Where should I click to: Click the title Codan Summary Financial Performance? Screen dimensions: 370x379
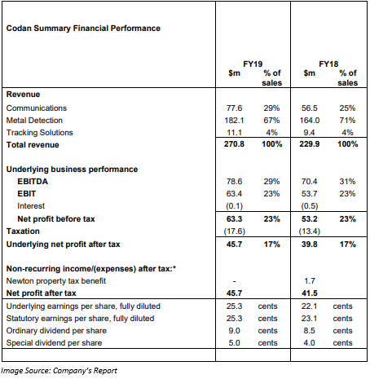(x=83, y=29)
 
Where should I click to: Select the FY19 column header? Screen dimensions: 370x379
(x=253, y=64)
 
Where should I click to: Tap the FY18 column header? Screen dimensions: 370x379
(x=328, y=64)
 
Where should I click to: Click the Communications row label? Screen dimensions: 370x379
(x=37, y=108)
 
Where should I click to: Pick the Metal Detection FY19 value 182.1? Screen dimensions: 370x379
(x=234, y=121)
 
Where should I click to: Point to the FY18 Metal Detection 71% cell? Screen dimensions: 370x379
(x=347, y=121)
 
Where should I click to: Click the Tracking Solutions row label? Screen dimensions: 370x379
(x=40, y=133)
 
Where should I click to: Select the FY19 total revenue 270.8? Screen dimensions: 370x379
(x=234, y=144)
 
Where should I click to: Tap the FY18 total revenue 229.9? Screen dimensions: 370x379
(x=310, y=144)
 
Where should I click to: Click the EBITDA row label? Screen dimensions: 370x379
(x=33, y=182)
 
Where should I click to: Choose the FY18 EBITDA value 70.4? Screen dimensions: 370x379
(x=310, y=182)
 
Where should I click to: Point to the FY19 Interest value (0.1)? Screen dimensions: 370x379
(x=234, y=206)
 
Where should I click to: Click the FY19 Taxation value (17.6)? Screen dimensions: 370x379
(x=234, y=231)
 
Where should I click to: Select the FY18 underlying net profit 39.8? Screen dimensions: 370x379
(x=310, y=245)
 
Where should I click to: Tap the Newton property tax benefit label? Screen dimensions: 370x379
(x=56, y=281)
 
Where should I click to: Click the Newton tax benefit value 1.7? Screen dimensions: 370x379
(x=310, y=281)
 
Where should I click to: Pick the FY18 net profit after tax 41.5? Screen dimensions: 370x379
(x=310, y=293)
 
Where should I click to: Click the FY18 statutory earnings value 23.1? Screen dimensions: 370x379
(x=309, y=319)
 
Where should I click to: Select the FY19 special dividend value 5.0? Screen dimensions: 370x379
(x=234, y=343)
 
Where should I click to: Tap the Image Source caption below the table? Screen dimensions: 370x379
(x=59, y=371)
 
